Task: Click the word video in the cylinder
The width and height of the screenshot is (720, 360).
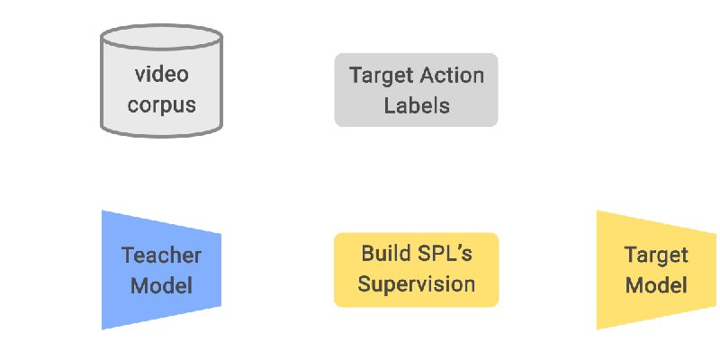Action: click(x=162, y=75)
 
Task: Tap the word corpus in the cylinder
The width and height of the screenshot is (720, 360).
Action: click(x=162, y=105)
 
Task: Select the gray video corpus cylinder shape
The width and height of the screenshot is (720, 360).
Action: click(x=162, y=81)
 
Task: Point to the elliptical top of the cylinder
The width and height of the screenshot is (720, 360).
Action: click(x=162, y=37)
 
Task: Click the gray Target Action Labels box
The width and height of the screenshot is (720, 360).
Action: click(x=416, y=90)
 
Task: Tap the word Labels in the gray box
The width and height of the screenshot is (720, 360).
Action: click(x=417, y=105)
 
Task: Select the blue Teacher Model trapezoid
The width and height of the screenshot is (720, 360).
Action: click(x=162, y=270)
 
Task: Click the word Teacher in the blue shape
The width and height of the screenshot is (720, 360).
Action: click(x=162, y=256)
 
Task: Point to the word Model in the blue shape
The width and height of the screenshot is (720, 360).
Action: click(x=162, y=285)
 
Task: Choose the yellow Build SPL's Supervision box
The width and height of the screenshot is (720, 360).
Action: click(x=416, y=270)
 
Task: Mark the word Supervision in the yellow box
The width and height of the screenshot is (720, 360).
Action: click(x=417, y=284)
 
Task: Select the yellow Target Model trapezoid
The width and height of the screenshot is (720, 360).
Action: click(x=656, y=270)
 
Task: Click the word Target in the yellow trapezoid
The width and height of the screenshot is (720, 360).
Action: click(x=656, y=256)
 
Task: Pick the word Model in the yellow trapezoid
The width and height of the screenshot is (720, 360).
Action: click(x=656, y=285)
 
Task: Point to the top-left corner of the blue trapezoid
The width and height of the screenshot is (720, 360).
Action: click(x=102, y=211)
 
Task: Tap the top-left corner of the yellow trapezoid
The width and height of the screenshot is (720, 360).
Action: click(x=597, y=211)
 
